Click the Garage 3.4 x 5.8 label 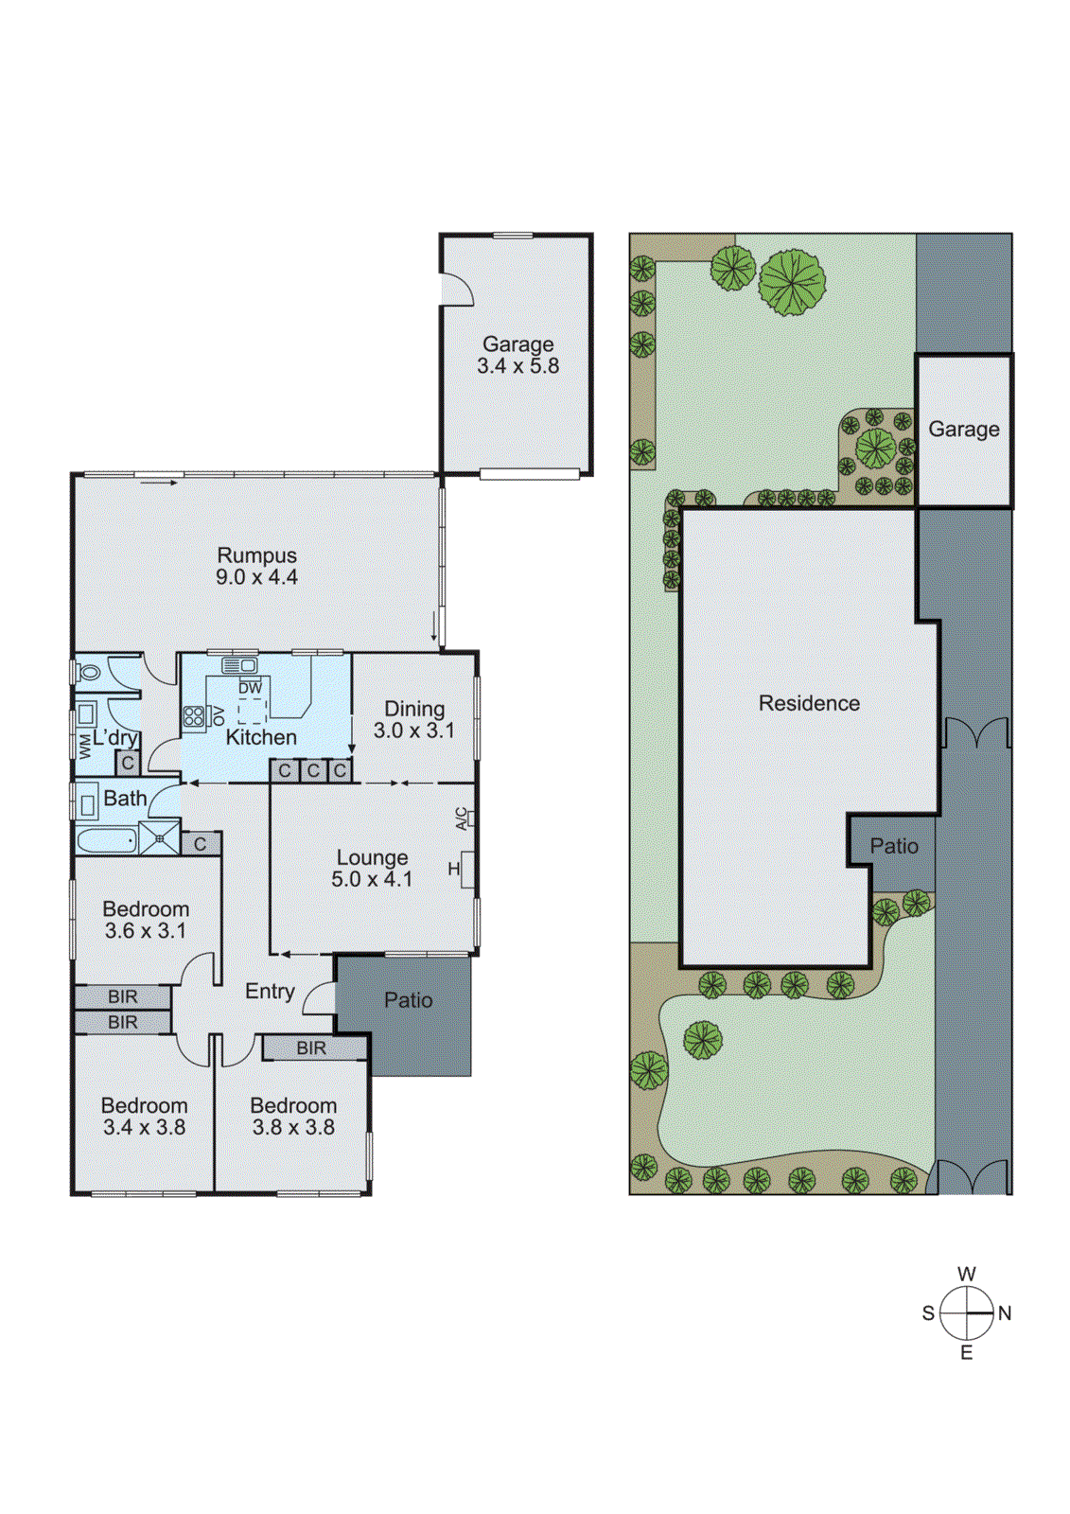point(517,356)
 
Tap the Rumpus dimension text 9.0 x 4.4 point(256,577)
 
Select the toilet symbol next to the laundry point(90,673)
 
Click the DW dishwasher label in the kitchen point(250,688)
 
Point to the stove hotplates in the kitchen point(194,716)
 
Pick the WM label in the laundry point(85,747)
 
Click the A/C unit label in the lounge point(462,819)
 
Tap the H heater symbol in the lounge point(455,869)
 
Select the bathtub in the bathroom point(107,839)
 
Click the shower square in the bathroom point(159,838)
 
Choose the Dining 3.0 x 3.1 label point(413,720)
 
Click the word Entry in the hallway point(270,991)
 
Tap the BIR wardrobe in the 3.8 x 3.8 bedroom point(312,1047)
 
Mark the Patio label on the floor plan point(408,1000)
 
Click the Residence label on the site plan point(809,703)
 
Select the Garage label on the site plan point(963,430)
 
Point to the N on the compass point(1005,1313)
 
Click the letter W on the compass point(966,1275)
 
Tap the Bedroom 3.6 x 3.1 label point(146,920)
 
